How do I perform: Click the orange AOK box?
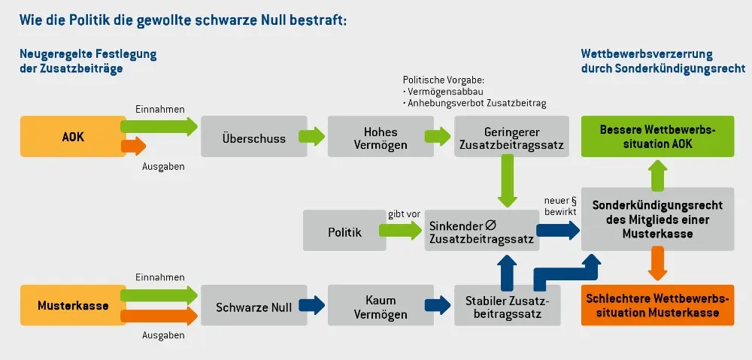click(72, 136)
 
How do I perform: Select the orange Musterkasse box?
click(72, 306)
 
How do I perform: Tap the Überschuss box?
click(253, 138)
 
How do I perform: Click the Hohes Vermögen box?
click(369, 138)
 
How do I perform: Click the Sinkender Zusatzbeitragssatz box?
click(482, 231)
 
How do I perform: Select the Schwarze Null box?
click(253, 307)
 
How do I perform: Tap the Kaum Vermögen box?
click(369, 307)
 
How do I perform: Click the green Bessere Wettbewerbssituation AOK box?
click(657, 137)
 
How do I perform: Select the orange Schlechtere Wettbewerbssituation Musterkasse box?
click(657, 305)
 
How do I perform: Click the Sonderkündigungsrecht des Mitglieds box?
click(657, 219)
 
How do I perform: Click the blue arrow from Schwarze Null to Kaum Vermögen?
click(312, 306)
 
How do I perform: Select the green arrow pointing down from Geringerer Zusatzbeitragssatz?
click(508, 183)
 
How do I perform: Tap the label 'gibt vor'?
click(404, 214)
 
